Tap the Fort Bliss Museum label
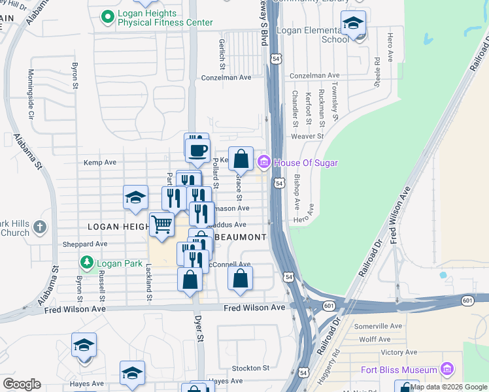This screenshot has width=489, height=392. pyautogui.click(x=399, y=370)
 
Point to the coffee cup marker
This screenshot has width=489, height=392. pyautogui.click(x=197, y=150)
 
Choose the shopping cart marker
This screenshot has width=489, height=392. pyautogui.click(x=161, y=225)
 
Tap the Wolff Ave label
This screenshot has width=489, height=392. pyautogui.click(x=375, y=339)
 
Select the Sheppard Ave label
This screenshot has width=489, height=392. pyautogui.click(x=92, y=244)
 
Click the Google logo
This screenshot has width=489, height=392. pyautogui.click(x=22, y=384)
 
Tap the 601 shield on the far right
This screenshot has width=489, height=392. pyautogui.click(x=467, y=301)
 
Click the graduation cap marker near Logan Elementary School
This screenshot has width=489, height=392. pyautogui.click(x=354, y=25)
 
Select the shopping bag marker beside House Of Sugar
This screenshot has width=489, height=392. pyautogui.click(x=241, y=159)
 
